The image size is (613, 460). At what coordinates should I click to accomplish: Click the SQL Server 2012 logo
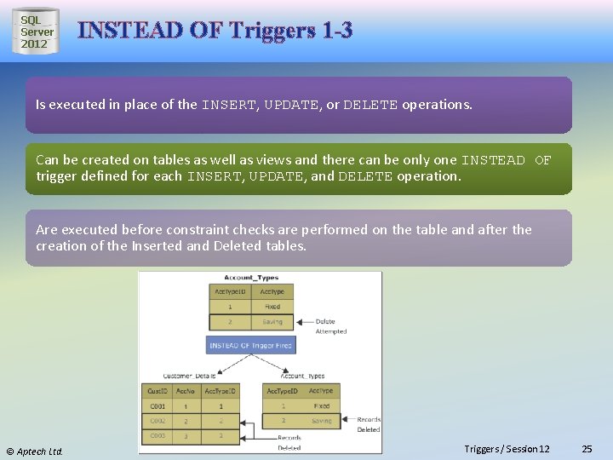coord(36,32)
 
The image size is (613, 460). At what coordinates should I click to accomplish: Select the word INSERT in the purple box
coord(228,105)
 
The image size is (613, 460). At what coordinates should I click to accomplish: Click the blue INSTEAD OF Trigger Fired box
coord(249,345)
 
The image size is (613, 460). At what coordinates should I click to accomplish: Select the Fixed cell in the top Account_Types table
coord(272,307)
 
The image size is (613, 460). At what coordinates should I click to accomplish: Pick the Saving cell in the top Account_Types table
coord(272,322)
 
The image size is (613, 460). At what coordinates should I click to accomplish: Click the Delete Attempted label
coord(330,326)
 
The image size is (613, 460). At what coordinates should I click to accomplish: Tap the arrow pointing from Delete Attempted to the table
coord(304,322)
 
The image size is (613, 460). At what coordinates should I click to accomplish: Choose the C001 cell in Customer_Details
coord(158,406)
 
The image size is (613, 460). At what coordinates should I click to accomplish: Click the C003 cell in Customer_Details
coord(158,436)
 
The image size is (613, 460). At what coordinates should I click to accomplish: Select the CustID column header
coord(158,391)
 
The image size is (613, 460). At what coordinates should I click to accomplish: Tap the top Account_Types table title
coord(250,278)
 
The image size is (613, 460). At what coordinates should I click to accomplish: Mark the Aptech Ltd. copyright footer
coord(35,451)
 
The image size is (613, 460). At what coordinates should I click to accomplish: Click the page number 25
coord(586,449)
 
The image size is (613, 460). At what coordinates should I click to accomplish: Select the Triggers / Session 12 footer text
coord(507,449)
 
